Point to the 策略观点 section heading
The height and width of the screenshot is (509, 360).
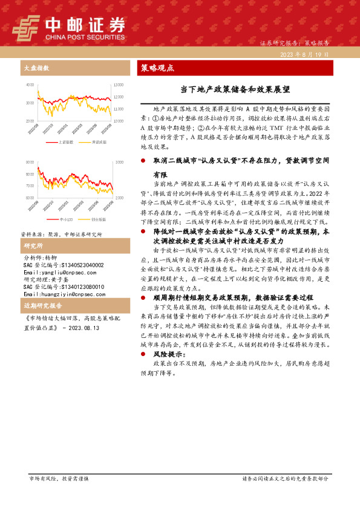click(157, 68)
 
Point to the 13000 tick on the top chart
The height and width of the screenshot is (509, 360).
click(118, 85)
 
